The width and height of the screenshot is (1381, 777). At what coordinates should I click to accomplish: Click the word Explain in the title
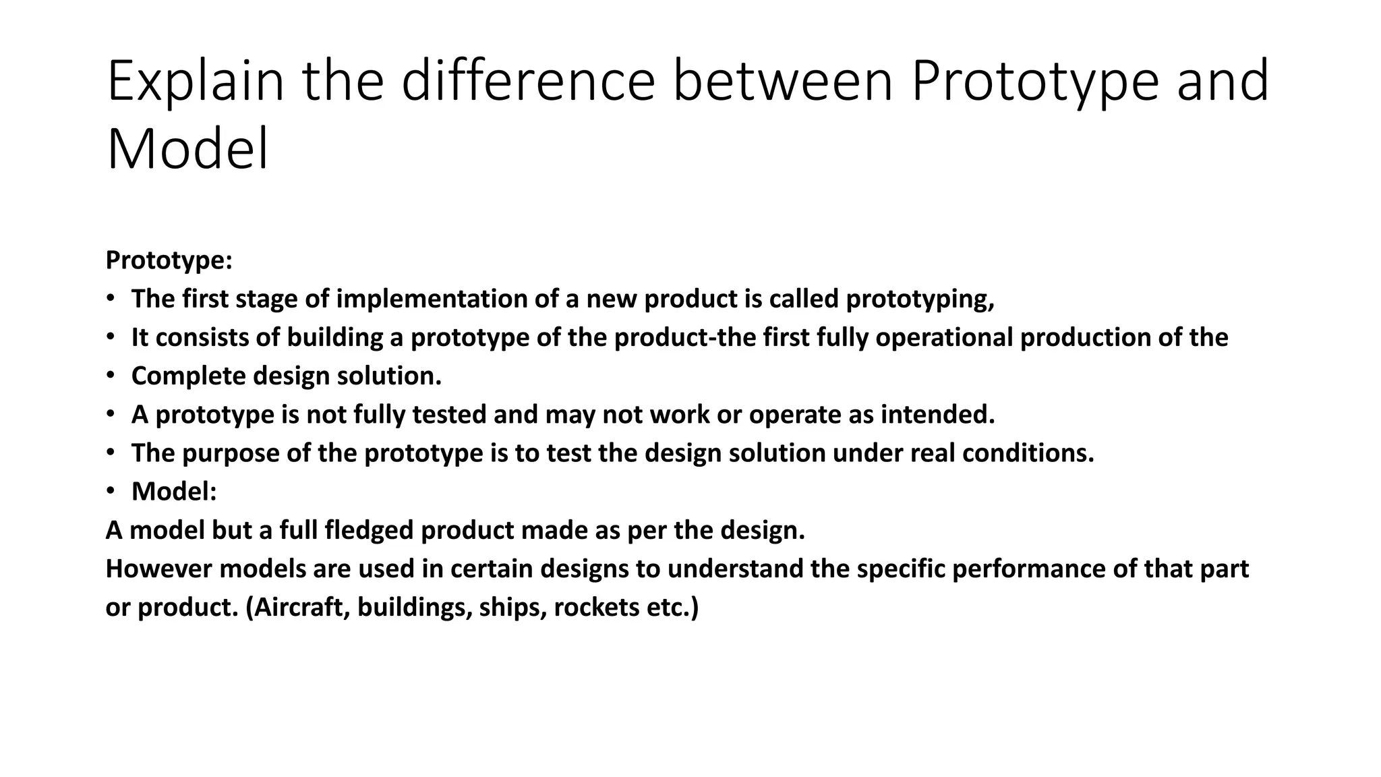pos(195,82)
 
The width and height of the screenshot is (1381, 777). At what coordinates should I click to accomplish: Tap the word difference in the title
pos(527,82)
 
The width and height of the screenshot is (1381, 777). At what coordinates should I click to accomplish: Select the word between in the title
pos(783,82)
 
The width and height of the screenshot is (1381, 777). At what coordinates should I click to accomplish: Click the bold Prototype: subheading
pos(169,260)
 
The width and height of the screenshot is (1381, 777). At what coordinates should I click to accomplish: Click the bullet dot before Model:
pos(111,491)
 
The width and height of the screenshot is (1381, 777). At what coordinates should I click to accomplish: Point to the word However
pos(158,569)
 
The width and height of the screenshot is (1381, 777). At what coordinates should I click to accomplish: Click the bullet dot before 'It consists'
pos(111,337)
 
